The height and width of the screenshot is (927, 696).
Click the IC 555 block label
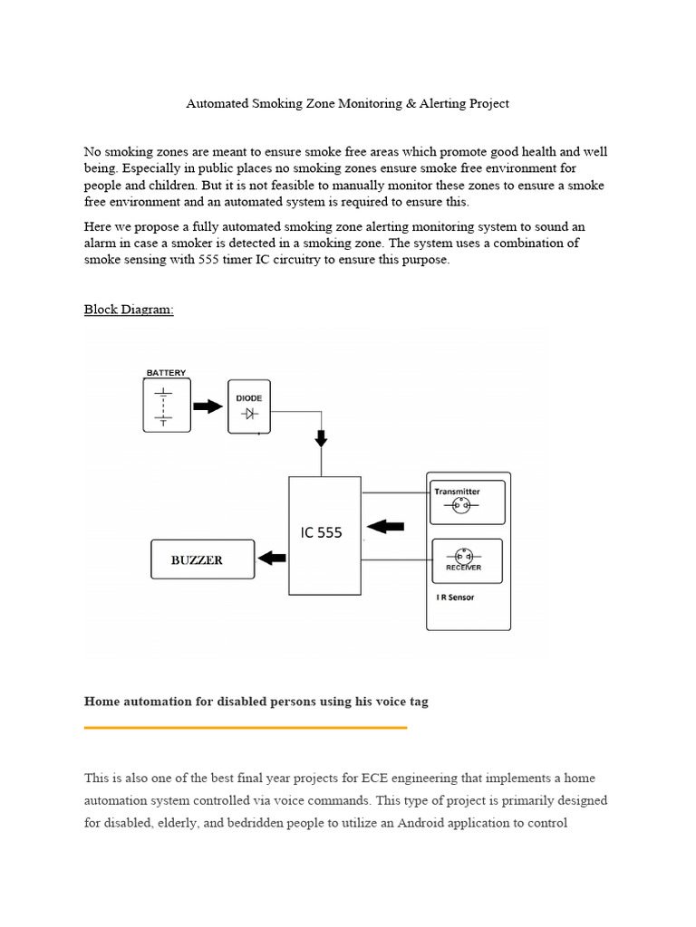click(322, 533)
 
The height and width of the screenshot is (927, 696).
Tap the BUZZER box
click(198, 559)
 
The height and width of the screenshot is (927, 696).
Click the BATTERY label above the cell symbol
click(166, 373)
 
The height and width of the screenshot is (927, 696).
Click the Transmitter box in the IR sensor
click(468, 502)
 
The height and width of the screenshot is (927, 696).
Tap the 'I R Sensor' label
click(456, 597)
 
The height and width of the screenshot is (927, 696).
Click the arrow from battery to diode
click(208, 406)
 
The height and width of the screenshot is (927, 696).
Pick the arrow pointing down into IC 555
click(321, 438)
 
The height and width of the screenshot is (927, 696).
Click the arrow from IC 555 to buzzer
click(271, 559)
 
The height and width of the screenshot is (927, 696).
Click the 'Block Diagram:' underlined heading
click(129, 310)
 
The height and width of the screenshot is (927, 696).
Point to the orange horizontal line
click(245, 727)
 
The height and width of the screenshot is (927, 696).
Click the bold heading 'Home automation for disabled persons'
click(256, 702)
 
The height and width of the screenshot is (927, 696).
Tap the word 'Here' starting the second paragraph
click(98, 226)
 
